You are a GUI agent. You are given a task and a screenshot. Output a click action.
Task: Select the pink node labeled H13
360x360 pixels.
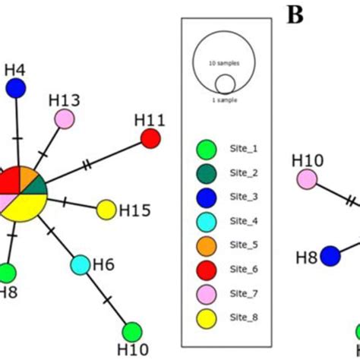(65, 119)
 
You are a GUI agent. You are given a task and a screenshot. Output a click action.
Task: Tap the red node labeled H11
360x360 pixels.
(151, 138)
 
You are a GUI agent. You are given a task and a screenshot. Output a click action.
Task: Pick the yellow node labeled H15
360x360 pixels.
(106, 209)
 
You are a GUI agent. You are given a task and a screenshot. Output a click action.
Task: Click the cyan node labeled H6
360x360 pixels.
(81, 265)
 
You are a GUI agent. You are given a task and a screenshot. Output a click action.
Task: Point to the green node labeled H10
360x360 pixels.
(132, 332)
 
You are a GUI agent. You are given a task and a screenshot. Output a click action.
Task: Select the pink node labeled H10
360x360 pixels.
(307, 179)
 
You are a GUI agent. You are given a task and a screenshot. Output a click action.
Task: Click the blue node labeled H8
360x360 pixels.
(330, 257)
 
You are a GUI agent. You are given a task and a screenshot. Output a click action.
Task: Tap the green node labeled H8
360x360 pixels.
(7, 271)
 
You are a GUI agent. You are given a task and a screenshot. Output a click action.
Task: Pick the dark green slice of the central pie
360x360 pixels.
(39, 187)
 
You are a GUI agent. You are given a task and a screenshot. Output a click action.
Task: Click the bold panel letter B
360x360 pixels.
(295, 14)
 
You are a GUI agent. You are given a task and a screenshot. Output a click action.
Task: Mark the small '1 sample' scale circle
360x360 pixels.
(225, 84)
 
